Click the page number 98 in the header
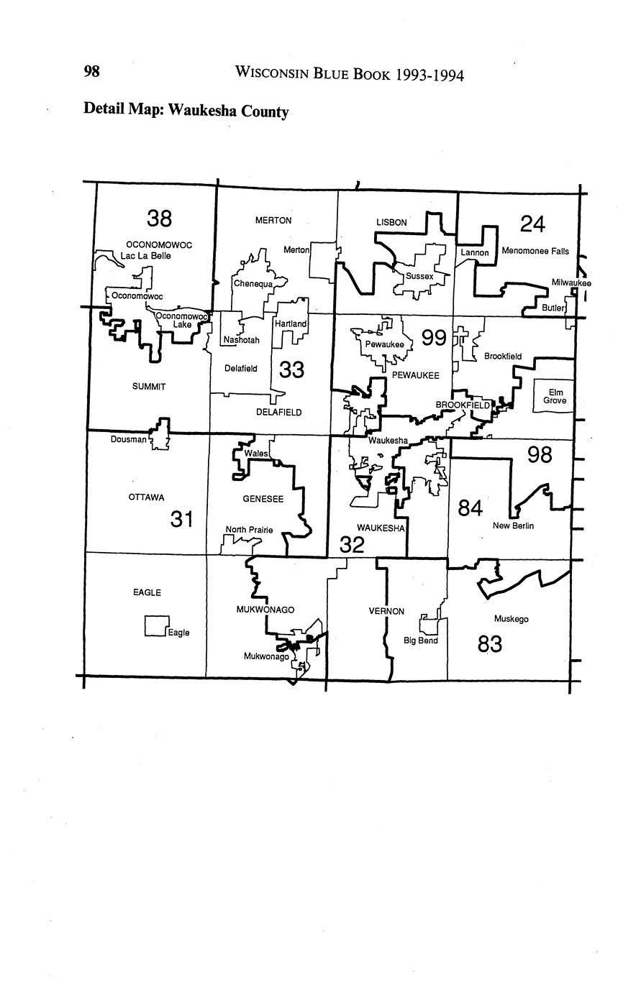pos(91,71)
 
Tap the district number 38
pos(159,218)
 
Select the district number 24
pos(532,224)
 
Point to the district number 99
pos(434,337)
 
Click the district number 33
pos(291,369)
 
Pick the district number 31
pos(182,518)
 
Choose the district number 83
pos(490,644)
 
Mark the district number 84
pos(470,508)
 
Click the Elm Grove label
pos(555,396)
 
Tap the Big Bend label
pos(420,640)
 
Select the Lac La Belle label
pos(145,256)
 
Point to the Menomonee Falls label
pos(535,252)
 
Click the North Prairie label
pos(249,530)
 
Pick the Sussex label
pos(419,276)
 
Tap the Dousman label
pos(129,439)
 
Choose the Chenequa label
pos(253,284)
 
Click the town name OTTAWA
pos(146,497)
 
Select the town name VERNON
pos(386,611)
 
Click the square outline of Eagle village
pos(156,625)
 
